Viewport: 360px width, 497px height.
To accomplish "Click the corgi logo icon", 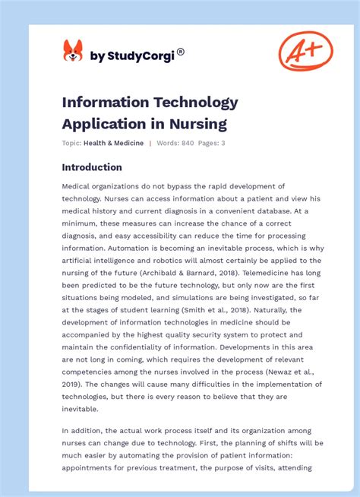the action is (73, 52).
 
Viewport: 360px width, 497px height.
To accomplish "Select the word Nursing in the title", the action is (199, 122).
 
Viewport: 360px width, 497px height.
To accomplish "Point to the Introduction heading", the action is (92, 167).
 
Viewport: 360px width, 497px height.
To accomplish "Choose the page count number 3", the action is (223, 143).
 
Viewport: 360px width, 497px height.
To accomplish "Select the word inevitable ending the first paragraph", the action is (81, 408).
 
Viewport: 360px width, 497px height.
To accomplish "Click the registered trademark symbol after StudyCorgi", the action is (180, 52).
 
